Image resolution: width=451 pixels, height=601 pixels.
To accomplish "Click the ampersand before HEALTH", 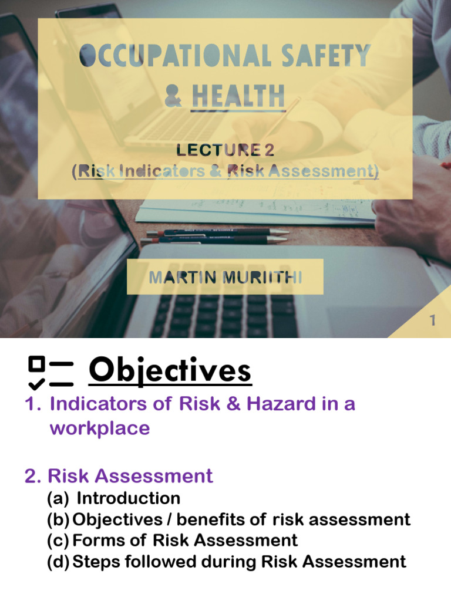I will tap(173, 96).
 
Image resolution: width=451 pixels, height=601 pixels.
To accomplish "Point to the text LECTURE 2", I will tap(225, 150).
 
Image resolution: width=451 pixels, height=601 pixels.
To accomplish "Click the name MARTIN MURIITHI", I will tap(225, 277).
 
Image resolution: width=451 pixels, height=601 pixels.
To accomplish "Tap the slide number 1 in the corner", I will tap(433, 320).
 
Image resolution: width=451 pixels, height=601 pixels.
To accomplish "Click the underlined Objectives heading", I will tap(170, 371).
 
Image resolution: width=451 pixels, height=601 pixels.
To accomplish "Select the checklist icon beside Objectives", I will tap(51, 373).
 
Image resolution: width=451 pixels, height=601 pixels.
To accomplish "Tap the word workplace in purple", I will tap(99, 428).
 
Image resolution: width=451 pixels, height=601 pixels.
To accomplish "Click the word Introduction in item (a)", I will tap(129, 498).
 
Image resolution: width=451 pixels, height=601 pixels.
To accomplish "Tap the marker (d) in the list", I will tap(58, 562).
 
